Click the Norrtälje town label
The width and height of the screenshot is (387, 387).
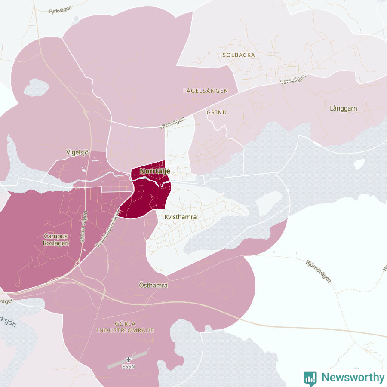(155, 171)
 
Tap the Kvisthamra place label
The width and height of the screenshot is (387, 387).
(180, 217)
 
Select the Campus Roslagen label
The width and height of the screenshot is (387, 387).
(56, 239)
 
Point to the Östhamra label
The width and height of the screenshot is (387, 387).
(154, 285)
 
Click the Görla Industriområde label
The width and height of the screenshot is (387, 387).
(125, 327)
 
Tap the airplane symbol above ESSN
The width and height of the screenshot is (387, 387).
(128, 359)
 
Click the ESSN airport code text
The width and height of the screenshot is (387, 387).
(128, 367)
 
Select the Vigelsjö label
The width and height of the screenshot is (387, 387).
(77, 152)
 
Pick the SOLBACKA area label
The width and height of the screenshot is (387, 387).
(239, 55)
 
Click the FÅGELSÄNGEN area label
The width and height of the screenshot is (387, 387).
(205, 91)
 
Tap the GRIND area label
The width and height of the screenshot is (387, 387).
(217, 112)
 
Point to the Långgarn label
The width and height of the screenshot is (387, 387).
(343, 108)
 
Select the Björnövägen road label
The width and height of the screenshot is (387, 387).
(319, 271)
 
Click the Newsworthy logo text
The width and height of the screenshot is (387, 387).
(353, 378)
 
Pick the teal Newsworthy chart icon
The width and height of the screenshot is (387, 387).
(310, 378)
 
